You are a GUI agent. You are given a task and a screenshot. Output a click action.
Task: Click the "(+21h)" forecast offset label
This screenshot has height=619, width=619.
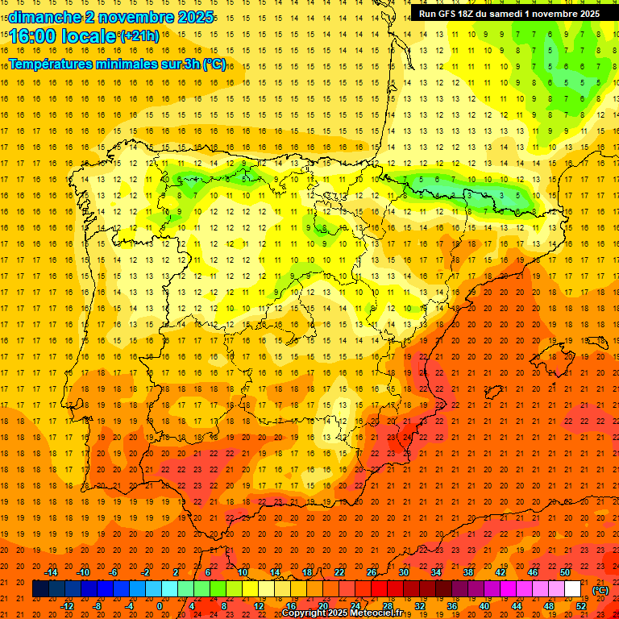tap(139, 36)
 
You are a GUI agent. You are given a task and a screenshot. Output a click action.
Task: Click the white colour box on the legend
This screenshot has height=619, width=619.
tap(572, 589)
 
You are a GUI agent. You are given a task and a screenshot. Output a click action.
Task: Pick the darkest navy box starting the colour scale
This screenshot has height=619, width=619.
tap(40, 589)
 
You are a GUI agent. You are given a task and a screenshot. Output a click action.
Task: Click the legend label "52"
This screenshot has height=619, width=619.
tap(581, 606)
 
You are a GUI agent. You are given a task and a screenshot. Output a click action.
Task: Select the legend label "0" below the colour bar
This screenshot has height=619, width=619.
tap(160, 606)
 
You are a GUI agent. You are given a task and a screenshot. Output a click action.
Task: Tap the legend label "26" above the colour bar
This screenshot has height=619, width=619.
tap(372, 572)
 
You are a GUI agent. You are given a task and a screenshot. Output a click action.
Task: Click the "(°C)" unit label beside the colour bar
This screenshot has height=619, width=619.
tap(600, 590)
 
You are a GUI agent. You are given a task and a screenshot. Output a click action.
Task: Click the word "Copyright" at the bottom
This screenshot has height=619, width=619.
tap(304, 613)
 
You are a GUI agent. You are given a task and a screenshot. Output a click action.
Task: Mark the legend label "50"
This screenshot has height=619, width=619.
tap(565, 572)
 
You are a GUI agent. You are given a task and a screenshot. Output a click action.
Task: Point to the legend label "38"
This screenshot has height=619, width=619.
tap(468, 572)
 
